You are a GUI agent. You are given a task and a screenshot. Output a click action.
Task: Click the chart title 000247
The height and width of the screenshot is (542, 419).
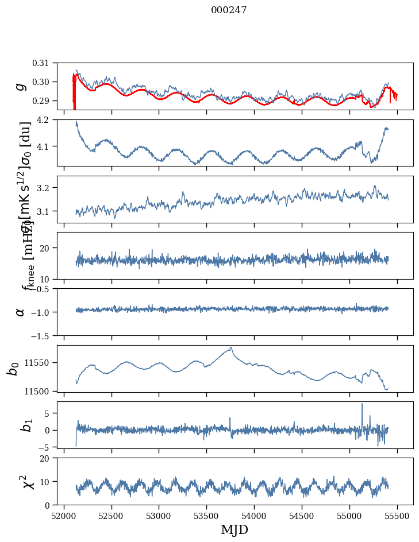[x=229, y=10]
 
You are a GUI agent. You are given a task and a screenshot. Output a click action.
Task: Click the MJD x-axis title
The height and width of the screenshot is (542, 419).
[x=235, y=529]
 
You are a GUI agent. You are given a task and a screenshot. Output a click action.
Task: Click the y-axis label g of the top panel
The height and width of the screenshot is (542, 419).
[x=21, y=86]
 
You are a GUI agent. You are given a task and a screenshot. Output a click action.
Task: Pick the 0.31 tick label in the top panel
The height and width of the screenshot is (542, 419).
[x=49, y=63]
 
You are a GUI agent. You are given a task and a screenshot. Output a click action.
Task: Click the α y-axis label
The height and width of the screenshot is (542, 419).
[x=21, y=312]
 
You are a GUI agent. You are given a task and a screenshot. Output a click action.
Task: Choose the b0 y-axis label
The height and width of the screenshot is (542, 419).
[x=13, y=368]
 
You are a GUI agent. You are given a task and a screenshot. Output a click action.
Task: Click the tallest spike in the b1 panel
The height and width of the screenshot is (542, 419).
[x=362, y=404]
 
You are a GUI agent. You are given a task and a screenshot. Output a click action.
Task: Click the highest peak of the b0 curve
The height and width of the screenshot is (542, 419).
[x=231, y=347]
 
